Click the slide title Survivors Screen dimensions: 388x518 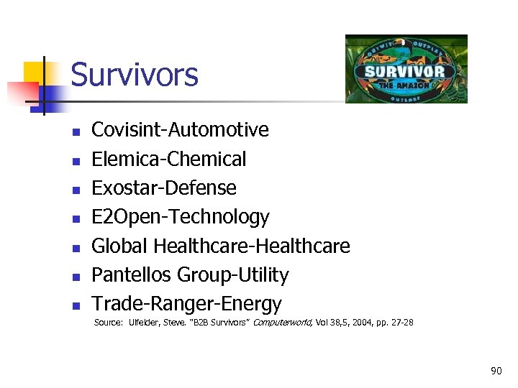point(135,75)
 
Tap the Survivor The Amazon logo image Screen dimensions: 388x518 point(406,69)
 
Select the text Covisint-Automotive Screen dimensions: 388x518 point(180,130)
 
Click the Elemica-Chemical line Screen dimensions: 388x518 point(169,159)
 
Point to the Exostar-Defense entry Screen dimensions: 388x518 point(164,188)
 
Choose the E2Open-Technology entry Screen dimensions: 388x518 point(181,217)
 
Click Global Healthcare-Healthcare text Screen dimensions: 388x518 point(221,246)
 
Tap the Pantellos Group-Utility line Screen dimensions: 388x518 point(190,275)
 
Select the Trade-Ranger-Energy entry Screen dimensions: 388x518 point(186,304)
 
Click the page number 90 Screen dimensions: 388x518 point(496,371)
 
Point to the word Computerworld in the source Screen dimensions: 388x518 point(283,323)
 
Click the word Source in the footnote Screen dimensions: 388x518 point(108,323)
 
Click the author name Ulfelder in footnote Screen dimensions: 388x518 point(145,323)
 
